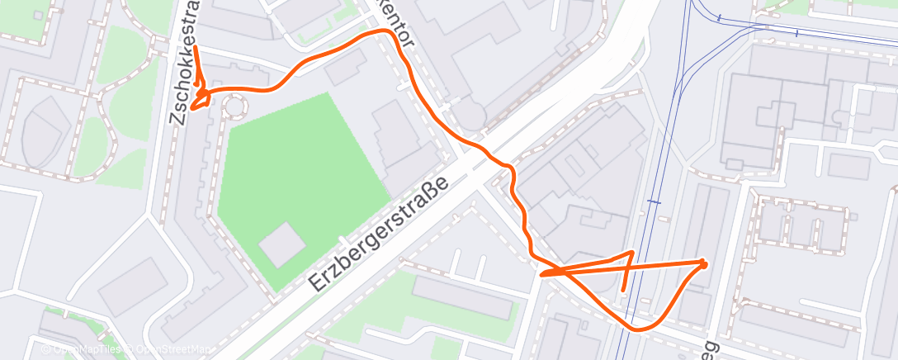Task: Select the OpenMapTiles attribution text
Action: [x=83, y=350]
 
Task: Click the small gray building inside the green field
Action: [x=281, y=244]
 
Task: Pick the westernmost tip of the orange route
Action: [x=191, y=107]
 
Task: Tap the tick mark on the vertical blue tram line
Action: [x=654, y=201]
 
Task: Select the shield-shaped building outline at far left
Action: [x=41, y=132]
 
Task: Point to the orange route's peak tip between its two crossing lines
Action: [x=631, y=253]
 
